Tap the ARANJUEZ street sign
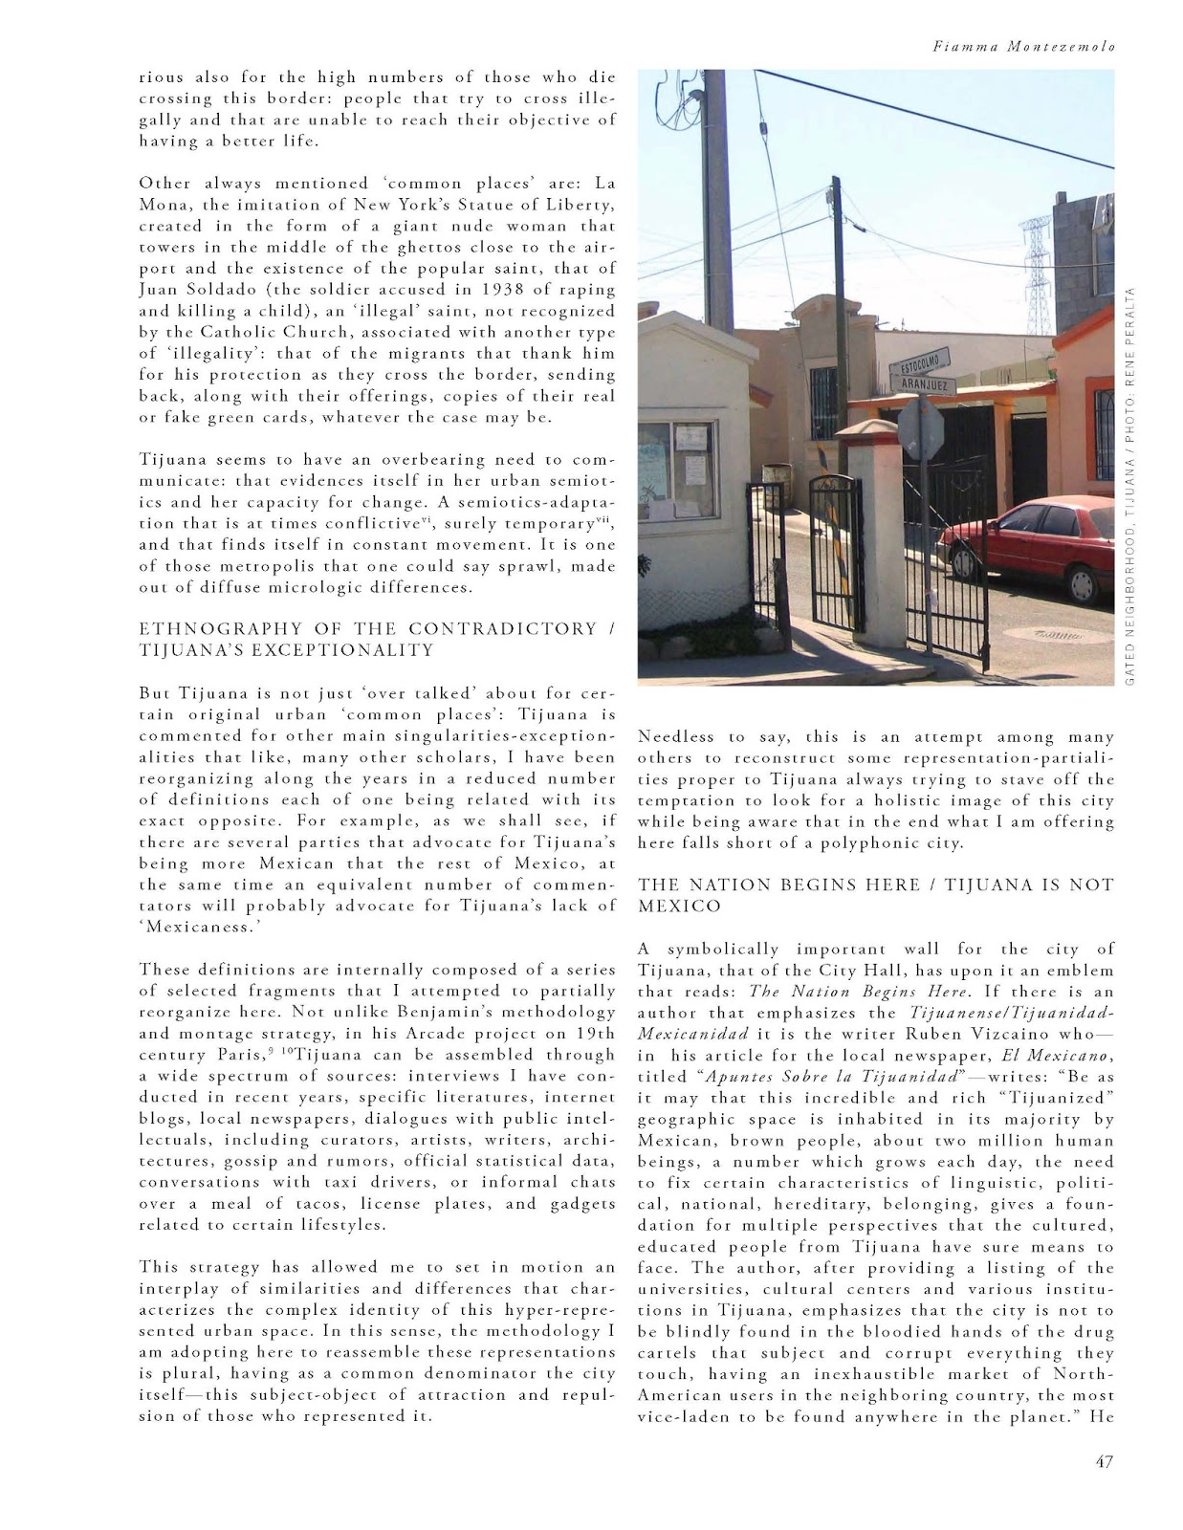click(923, 384)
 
